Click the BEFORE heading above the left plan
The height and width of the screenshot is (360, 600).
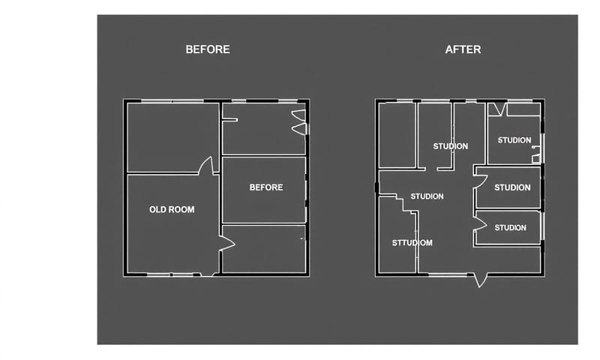click(x=208, y=49)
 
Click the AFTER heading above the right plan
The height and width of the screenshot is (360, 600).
click(x=463, y=49)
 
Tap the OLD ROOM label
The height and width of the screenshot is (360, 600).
click(x=172, y=210)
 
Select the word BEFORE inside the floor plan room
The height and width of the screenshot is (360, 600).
click(x=266, y=187)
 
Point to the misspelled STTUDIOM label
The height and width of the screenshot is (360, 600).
click(x=412, y=243)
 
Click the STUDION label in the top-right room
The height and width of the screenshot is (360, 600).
click(x=514, y=140)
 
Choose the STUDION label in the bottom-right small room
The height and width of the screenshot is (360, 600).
click(x=510, y=228)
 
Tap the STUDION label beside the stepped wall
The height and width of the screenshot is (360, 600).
click(x=427, y=196)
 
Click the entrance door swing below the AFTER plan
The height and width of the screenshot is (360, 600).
click(x=480, y=280)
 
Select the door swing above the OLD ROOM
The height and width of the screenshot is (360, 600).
click(x=205, y=166)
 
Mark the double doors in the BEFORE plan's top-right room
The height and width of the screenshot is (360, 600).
click(x=299, y=122)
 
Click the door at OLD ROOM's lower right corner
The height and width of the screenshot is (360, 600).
click(x=227, y=244)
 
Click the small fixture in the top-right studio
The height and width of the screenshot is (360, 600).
click(x=536, y=154)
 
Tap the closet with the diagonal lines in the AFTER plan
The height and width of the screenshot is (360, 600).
click(x=497, y=109)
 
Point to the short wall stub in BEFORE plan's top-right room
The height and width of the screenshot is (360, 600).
click(x=230, y=120)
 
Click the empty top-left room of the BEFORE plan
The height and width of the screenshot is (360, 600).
click(x=173, y=137)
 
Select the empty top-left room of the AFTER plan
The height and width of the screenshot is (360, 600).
click(x=397, y=135)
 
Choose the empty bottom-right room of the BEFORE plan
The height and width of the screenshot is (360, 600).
click(x=264, y=249)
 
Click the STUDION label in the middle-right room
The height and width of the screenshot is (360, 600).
click(x=512, y=187)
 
